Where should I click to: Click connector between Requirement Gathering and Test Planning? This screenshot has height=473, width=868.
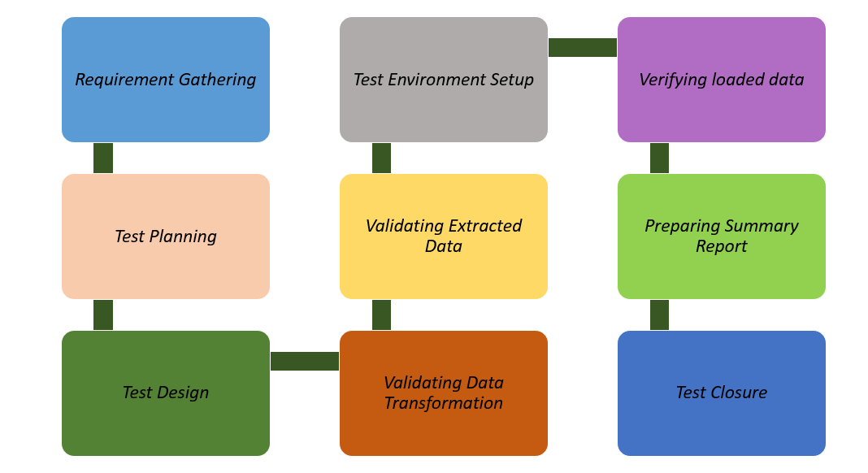103,158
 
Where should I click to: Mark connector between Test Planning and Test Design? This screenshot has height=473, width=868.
103,315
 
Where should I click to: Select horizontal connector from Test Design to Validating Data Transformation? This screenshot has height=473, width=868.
305,361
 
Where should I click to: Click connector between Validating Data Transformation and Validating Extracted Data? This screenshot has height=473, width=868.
382,315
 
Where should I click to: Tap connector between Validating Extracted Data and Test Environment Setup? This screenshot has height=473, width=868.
382,158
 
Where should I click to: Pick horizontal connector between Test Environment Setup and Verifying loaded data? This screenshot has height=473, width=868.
583,48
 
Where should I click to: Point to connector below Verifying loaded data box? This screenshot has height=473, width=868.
660,158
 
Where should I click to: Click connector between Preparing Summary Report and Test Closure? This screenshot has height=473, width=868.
660,315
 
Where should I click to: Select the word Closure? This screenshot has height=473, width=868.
738,393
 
